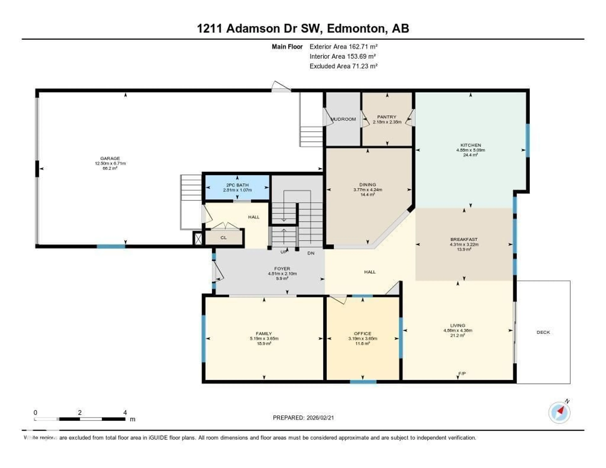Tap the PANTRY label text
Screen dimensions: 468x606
(387, 117)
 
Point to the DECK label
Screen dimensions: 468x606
(543, 332)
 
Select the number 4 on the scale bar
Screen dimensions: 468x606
(125, 412)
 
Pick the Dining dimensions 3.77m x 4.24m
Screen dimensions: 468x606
(368, 190)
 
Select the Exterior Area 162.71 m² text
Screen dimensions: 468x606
(344, 47)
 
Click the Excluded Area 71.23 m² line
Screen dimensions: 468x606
(344, 66)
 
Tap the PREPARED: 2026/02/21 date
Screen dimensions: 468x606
(303, 418)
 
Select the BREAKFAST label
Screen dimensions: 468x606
(464, 239)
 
